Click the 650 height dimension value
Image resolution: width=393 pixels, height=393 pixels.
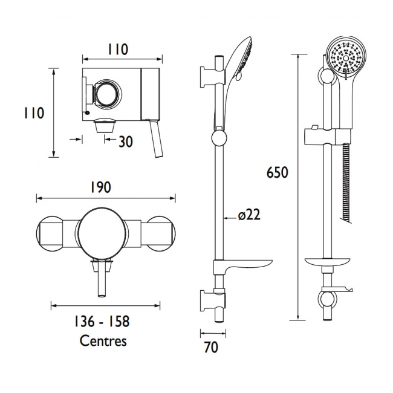(x=278, y=172)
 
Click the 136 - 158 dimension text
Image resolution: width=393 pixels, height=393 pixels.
(x=103, y=322)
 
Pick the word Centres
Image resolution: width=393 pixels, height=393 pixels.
(x=103, y=340)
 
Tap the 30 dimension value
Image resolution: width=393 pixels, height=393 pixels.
(x=126, y=141)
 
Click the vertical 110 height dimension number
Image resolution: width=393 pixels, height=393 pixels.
(x=34, y=113)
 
